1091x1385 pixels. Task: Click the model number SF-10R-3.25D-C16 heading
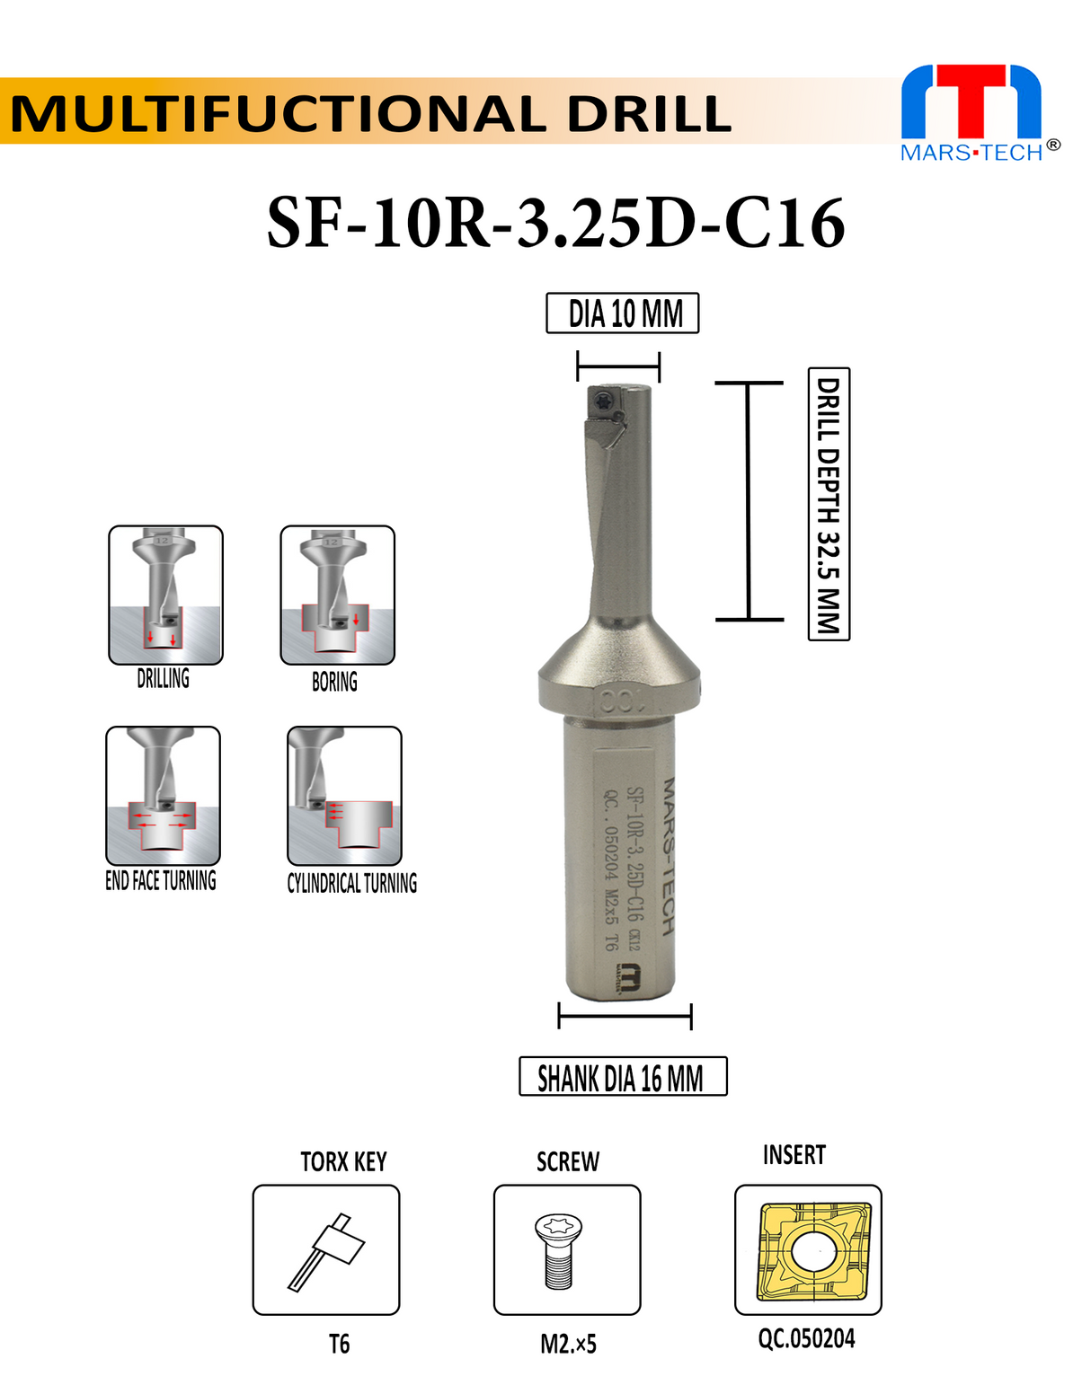555,223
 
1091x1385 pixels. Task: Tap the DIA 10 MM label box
623,313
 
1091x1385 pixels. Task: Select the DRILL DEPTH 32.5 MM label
829,503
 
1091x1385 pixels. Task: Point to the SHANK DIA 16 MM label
622,1076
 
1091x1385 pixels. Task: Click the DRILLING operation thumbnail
165,595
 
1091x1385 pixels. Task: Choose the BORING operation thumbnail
337,595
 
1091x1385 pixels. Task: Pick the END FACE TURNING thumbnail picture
163,795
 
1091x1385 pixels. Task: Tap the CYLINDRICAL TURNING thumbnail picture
344,795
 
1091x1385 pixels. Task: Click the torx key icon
326,1249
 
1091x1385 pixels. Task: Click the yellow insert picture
808,1249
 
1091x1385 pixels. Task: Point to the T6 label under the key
339,1344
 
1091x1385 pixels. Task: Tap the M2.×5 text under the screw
568,1344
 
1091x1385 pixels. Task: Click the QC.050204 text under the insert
806,1338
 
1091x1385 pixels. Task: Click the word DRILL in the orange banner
649,114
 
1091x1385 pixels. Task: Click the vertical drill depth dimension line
748,500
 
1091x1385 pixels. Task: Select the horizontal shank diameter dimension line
625,1018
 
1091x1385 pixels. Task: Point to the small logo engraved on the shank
630,977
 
